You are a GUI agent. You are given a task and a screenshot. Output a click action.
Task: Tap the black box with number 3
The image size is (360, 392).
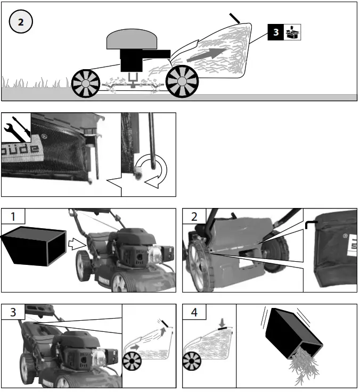click(276, 32)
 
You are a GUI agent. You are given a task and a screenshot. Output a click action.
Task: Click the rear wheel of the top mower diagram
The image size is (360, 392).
click(182, 81)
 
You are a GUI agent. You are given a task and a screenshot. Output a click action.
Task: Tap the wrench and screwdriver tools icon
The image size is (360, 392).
click(15, 127)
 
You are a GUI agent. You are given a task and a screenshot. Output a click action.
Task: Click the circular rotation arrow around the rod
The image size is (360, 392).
click(155, 172)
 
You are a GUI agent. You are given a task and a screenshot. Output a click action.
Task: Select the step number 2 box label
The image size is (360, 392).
click(194, 216)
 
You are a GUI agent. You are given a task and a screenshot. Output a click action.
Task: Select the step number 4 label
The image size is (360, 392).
click(194, 312)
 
